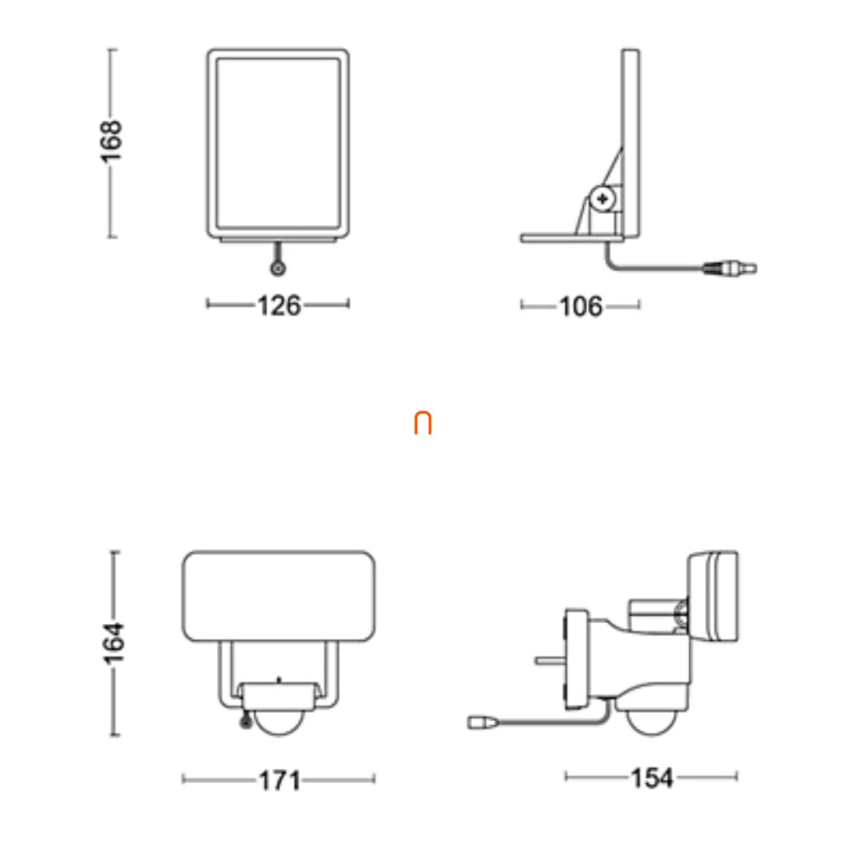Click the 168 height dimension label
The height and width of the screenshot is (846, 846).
[x=111, y=142]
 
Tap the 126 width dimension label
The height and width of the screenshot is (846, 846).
[x=279, y=306]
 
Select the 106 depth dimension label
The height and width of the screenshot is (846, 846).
[x=580, y=307]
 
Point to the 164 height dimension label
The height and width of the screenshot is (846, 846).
[x=113, y=642]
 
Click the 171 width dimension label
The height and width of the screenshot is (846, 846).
[x=280, y=780]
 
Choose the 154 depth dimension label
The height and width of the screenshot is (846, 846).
[x=652, y=778]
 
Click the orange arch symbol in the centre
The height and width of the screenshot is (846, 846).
[x=423, y=422]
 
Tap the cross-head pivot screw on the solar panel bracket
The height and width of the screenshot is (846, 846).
[x=602, y=199]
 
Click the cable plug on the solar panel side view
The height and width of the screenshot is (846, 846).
[x=730, y=268]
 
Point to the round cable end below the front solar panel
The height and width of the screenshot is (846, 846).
[x=278, y=268]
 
